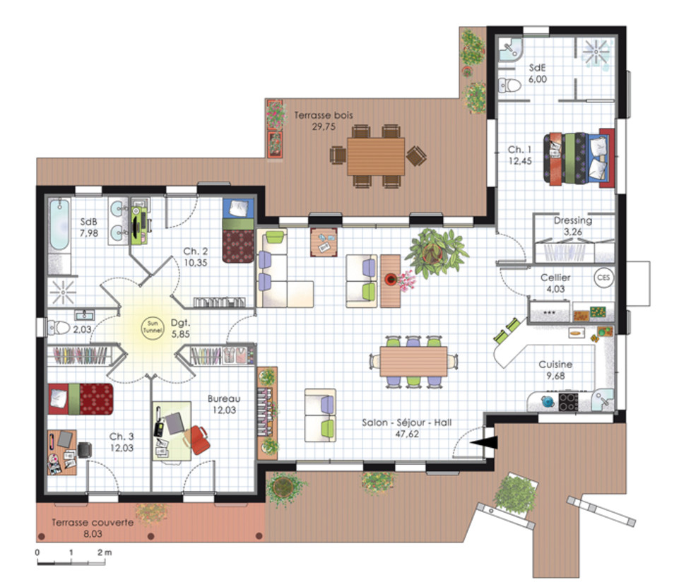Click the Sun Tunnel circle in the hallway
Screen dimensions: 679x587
[x=153, y=327]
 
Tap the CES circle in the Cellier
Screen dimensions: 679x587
[x=603, y=277]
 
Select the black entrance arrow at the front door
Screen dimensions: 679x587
[x=484, y=442]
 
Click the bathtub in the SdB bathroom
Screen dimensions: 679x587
[x=59, y=225]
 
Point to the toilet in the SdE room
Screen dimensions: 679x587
[x=509, y=85]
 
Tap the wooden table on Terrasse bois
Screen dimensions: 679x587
[x=376, y=156]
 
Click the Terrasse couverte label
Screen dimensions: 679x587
[x=93, y=523]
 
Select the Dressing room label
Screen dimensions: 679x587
[x=573, y=220]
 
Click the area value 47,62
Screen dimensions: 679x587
[x=407, y=434]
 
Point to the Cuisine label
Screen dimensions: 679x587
[x=555, y=364]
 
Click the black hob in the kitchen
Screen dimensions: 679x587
[x=568, y=401]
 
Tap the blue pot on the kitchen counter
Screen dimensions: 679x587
[x=548, y=401]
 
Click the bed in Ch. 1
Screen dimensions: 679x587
[x=579, y=157]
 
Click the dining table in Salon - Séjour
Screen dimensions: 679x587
[x=413, y=362]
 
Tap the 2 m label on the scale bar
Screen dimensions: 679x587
[x=105, y=552]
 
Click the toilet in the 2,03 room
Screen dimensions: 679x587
[x=59, y=328]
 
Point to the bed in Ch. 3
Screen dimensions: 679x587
[x=81, y=398]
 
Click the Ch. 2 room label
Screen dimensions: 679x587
[x=195, y=251]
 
